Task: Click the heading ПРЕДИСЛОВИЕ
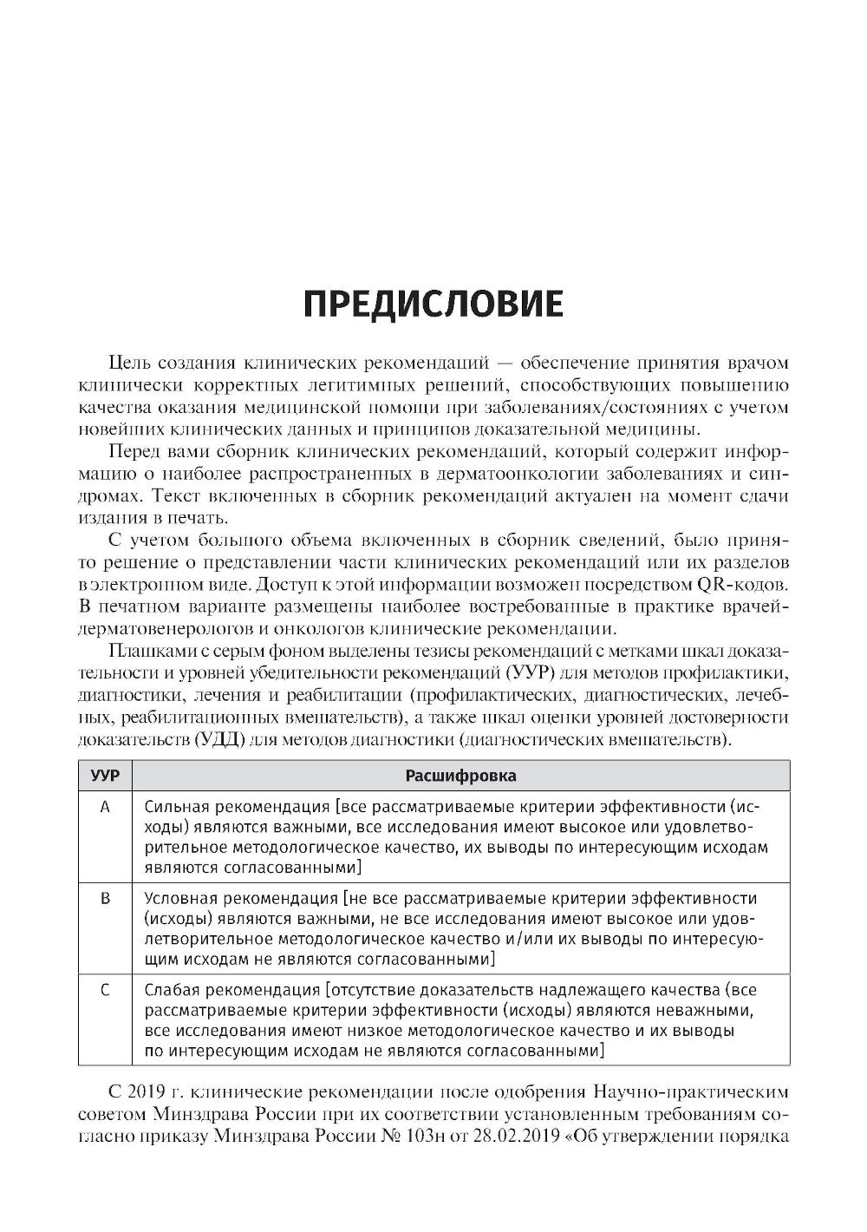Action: tap(433, 304)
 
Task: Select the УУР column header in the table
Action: tap(105, 776)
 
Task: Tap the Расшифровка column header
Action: tap(460, 776)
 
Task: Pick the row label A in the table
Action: tap(105, 807)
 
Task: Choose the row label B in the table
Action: tap(105, 899)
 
